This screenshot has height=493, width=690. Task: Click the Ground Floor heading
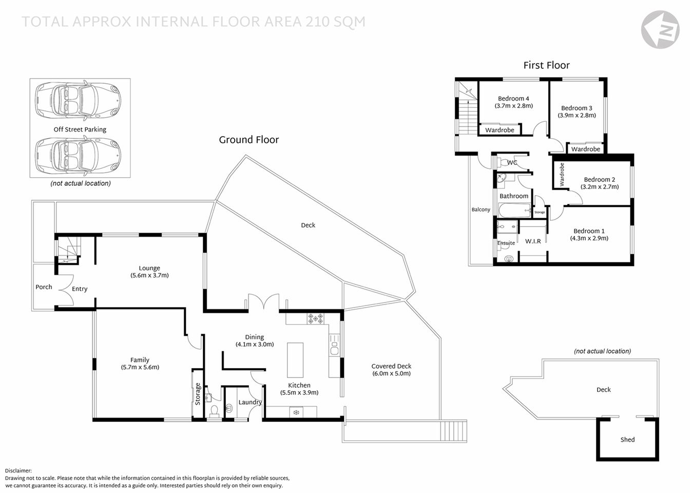248,140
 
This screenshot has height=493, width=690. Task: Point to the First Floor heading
546,65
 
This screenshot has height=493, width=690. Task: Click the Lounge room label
149,271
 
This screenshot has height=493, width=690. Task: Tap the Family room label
140,363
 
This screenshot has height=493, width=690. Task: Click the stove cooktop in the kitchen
315,319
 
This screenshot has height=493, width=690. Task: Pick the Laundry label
250,402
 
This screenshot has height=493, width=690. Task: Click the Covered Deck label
391,369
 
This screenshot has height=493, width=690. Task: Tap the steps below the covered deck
454,430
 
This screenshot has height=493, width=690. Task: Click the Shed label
627,440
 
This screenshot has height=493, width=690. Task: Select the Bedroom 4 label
513,102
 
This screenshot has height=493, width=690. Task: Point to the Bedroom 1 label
589,234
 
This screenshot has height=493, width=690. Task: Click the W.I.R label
533,241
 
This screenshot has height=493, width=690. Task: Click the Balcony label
481,210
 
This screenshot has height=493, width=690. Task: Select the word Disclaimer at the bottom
18,470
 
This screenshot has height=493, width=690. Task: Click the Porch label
44,287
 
